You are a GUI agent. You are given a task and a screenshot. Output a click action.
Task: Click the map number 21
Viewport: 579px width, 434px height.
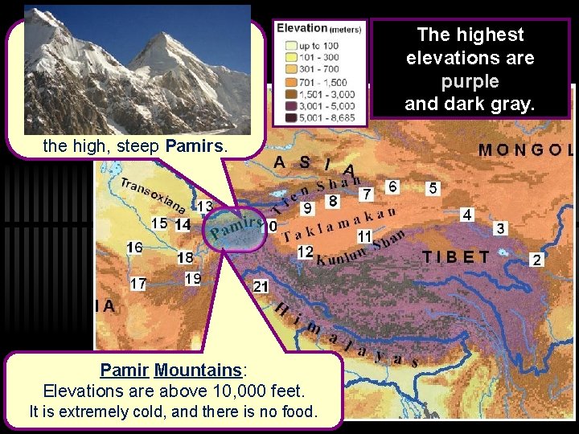click(x=261, y=287)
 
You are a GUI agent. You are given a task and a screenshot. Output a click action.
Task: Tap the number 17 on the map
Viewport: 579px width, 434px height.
click(x=138, y=284)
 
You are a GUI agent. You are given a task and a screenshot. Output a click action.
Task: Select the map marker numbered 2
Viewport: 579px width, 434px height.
click(x=537, y=260)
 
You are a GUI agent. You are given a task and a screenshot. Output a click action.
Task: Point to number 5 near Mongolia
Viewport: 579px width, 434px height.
click(x=433, y=188)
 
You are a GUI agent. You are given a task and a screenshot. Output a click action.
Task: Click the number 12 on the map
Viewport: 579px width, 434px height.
click(x=305, y=252)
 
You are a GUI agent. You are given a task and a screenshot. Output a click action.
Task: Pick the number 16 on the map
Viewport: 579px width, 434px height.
click(x=134, y=248)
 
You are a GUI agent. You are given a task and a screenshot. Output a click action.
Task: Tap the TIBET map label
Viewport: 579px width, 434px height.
click(x=456, y=257)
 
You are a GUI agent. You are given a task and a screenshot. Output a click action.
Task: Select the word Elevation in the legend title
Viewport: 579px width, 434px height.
click(x=301, y=28)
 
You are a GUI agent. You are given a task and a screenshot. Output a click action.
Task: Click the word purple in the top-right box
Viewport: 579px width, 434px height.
click(x=470, y=81)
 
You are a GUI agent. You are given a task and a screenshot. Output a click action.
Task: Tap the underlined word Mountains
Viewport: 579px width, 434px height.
click(x=198, y=371)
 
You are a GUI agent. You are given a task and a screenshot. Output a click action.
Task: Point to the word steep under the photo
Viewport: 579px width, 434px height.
click(x=140, y=147)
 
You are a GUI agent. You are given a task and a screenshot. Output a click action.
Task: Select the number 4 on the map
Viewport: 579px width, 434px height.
click(x=467, y=215)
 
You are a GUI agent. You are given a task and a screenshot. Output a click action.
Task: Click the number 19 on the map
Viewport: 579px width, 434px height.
click(x=192, y=279)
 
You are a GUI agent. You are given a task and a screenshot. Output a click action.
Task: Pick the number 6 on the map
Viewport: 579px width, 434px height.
click(x=392, y=186)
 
